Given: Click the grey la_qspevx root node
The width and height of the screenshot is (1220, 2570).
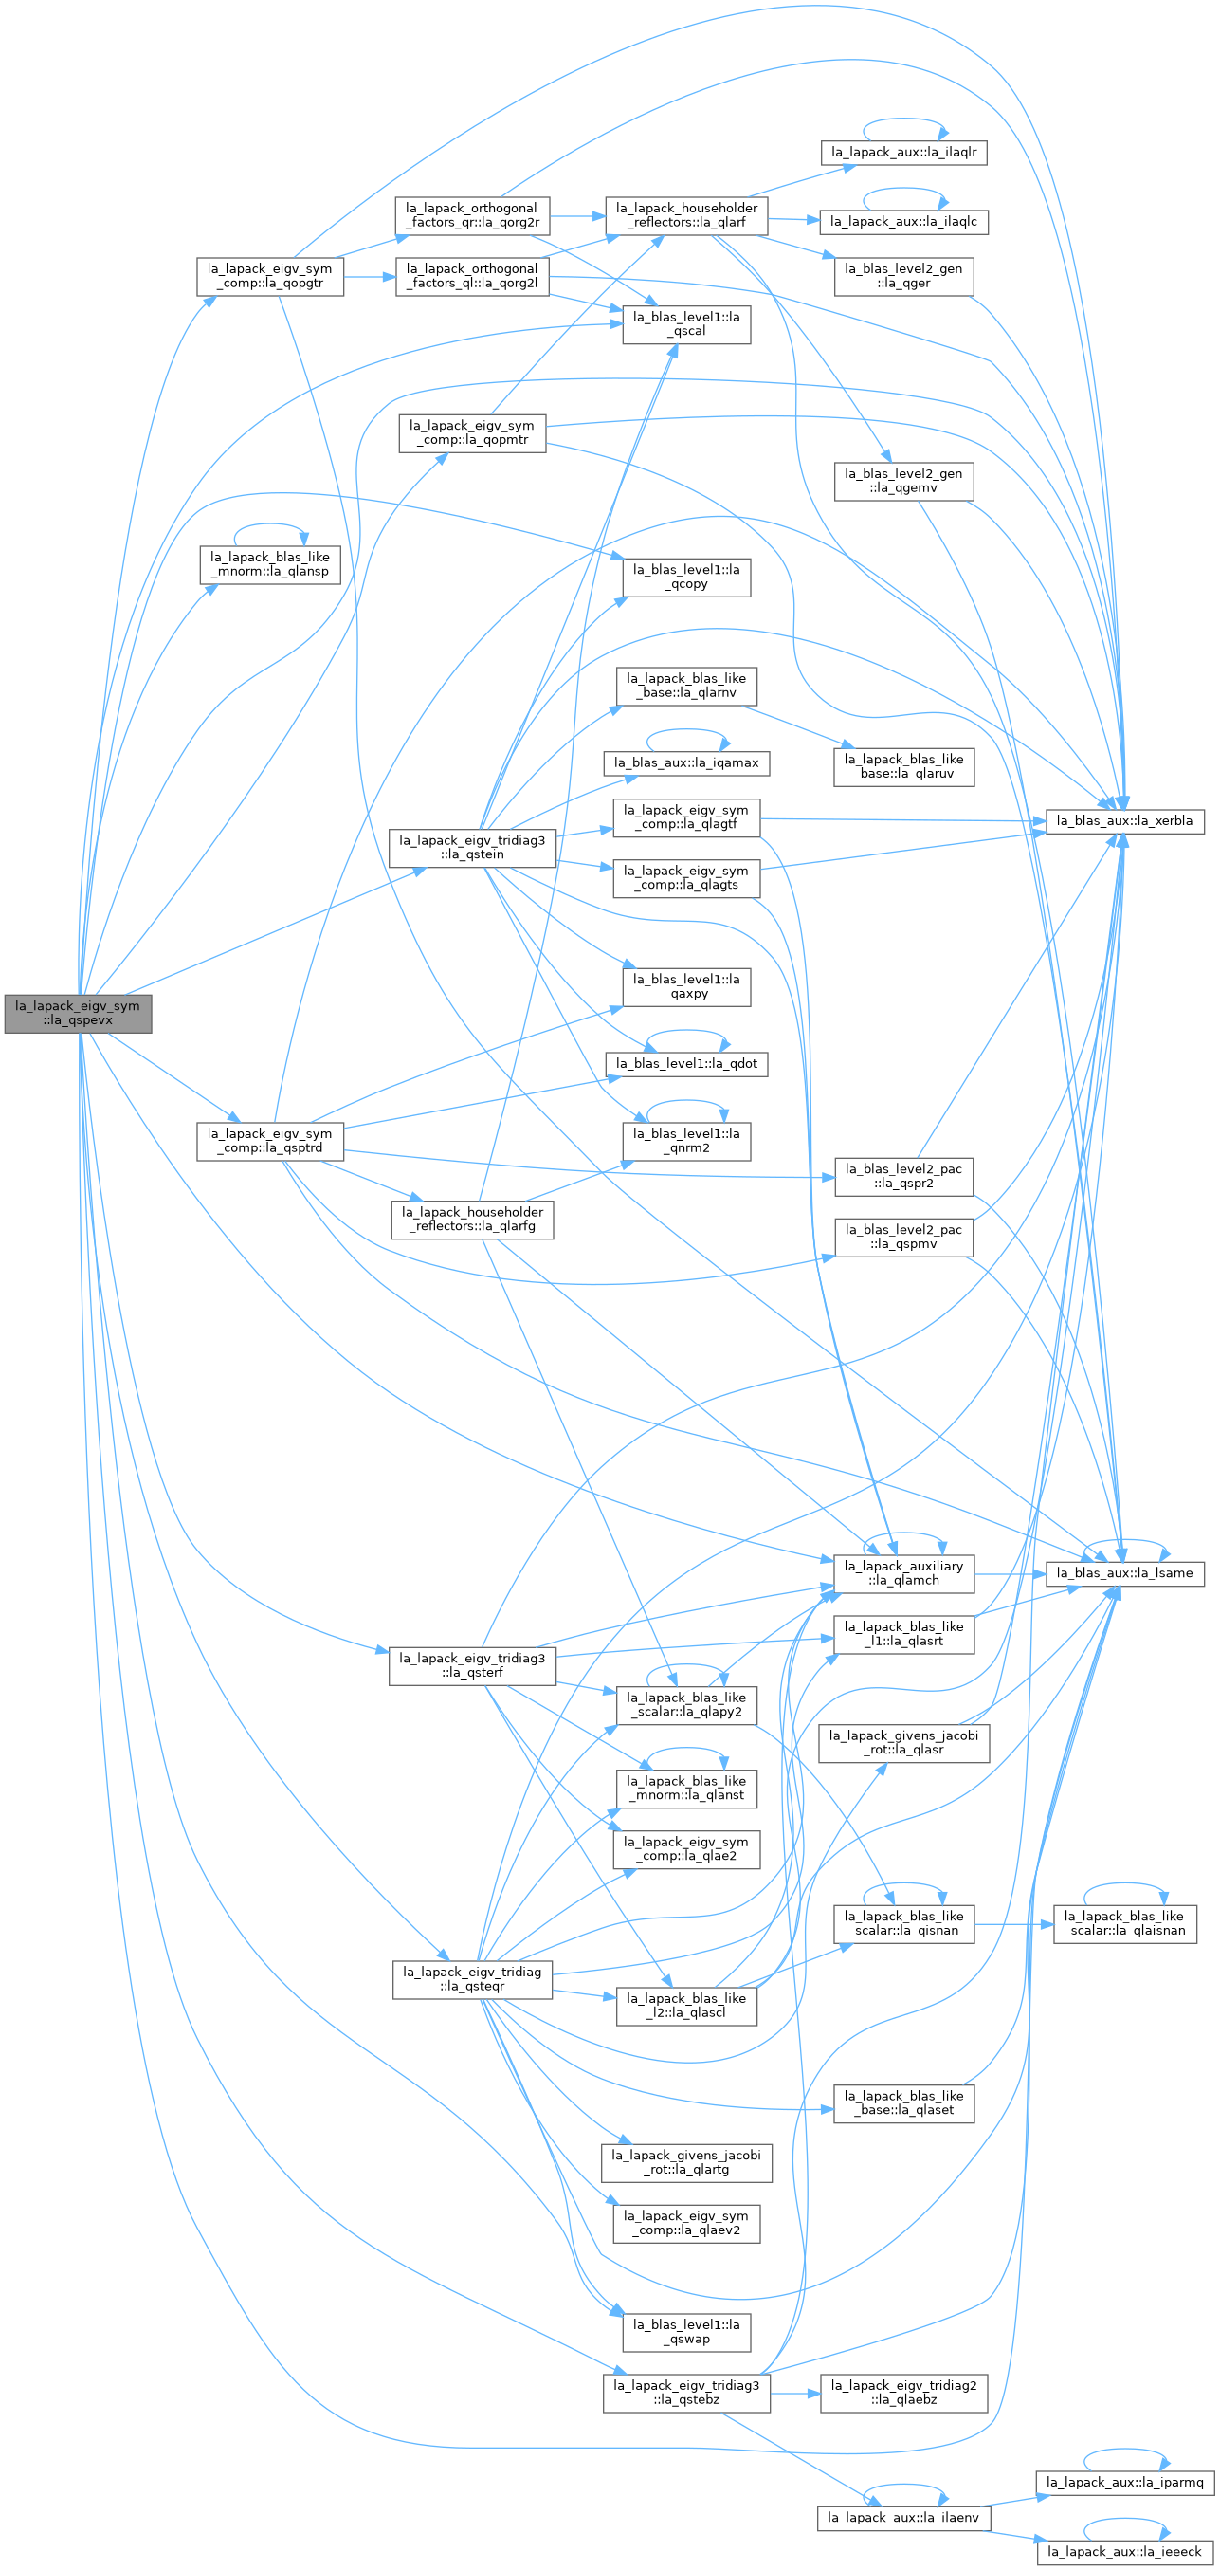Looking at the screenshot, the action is click(x=78, y=1014).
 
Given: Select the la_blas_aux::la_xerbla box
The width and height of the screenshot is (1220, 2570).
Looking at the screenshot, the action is click(x=1124, y=821).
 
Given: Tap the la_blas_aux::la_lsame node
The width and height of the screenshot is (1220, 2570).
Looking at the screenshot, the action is click(x=1124, y=1573).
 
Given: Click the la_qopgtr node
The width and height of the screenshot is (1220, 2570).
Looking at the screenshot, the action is click(x=269, y=276).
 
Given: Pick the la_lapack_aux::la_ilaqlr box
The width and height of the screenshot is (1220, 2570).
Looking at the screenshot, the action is click(x=903, y=153).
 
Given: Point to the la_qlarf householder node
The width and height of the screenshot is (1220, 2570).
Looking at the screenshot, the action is click(x=686, y=215).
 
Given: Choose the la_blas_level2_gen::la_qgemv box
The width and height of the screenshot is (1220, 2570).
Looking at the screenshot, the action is click(x=903, y=481).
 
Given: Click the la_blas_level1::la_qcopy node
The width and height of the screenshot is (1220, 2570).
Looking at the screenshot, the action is click(x=686, y=577).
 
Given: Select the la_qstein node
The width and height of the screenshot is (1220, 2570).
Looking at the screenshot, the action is click(x=472, y=848).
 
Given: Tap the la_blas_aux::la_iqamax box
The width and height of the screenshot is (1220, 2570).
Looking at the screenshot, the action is click(x=686, y=763).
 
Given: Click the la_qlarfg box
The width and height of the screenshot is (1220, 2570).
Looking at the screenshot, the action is click(x=472, y=1220).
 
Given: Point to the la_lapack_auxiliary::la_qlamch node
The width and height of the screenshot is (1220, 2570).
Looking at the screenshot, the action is click(x=903, y=1573).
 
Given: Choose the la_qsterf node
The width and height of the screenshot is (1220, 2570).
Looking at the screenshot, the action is click(x=472, y=1665).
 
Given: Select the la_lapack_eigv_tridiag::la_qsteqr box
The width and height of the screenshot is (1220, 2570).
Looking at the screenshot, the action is click(x=472, y=1979).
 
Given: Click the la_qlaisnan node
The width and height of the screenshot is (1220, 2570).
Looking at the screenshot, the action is click(x=1124, y=1923).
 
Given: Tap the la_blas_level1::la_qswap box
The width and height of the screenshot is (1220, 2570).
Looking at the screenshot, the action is click(x=686, y=2333).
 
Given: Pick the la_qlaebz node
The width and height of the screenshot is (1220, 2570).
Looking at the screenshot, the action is click(x=903, y=2394).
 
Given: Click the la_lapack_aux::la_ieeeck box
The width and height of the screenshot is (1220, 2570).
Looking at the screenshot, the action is click(x=1124, y=2552).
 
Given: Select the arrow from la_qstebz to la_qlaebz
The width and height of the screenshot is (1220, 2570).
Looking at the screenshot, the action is click(x=795, y=2394).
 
